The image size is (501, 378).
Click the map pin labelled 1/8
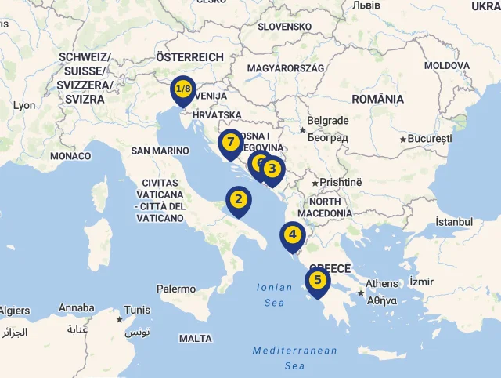183,89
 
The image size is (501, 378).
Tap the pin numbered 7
229,143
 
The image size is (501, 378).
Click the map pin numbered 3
272,168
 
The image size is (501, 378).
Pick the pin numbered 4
292,234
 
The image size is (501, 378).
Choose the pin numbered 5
317,280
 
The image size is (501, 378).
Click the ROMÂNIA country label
378,100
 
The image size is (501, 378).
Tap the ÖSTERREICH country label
189,57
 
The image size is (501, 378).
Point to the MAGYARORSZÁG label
285,68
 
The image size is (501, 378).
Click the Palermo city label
176,289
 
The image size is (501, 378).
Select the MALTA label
196,339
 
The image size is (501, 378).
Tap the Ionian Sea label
274,295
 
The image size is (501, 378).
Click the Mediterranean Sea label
295,358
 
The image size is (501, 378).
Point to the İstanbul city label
454,222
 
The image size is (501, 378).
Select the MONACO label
70,156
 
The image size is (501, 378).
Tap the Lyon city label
24,105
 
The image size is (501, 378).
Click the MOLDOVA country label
446,66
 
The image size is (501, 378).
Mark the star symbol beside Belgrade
302,129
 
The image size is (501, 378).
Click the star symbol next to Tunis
119,319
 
